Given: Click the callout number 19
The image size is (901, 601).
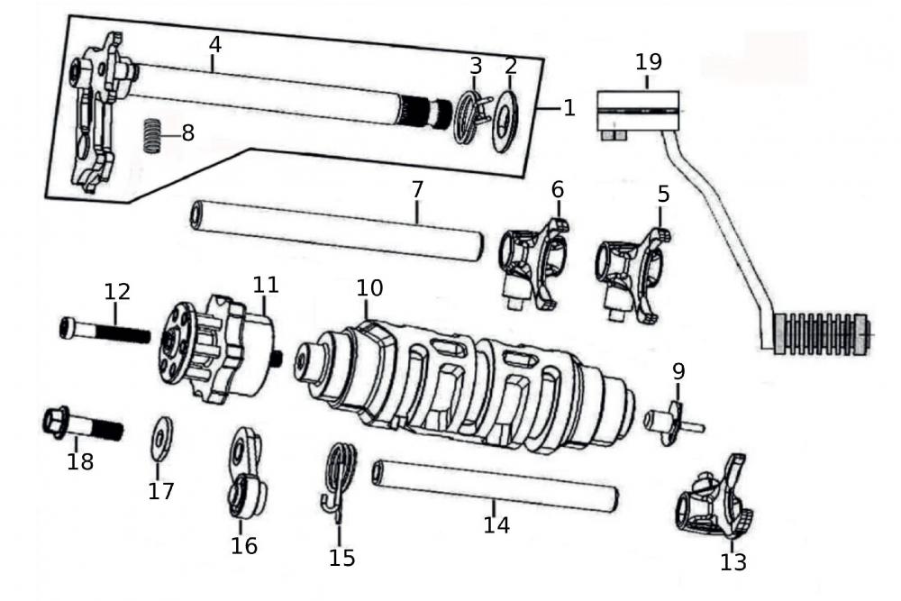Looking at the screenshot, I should pyautogui.click(x=648, y=62).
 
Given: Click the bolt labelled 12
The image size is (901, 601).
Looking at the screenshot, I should pyautogui.click(x=104, y=331).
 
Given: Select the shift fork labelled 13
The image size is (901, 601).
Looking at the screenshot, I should pyautogui.click(x=715, y=501).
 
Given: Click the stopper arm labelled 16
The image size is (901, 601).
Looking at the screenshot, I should pyautogui.click(x=244, y=477).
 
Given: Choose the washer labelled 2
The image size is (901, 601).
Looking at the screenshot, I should pyautogui.click(x=505, y=122).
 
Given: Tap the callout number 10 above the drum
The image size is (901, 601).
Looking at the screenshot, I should pyautogui.click(x=369, y=287).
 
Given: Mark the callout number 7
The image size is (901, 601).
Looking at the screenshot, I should pyautogui.click(x=416, y=190).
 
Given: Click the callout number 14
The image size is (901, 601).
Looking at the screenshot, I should pyautogui.click(x=496, y=524).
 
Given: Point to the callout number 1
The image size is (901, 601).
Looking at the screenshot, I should pyautogui.click(x=569, y=107).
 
